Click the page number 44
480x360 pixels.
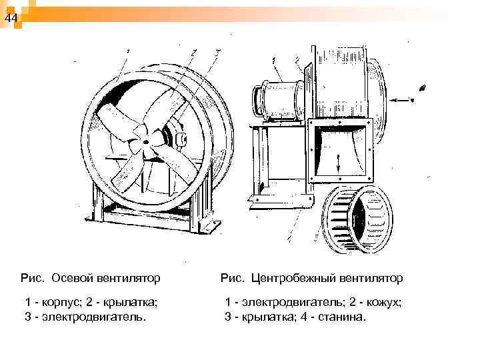pyautogui.click(x=10, y=19)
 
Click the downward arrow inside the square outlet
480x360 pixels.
pyautogui.click(x=339, y=160)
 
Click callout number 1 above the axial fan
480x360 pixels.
pyautogui.click(x=127, y=50)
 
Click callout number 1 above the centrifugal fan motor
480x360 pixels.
pyautogui.click(x=274, y=61)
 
